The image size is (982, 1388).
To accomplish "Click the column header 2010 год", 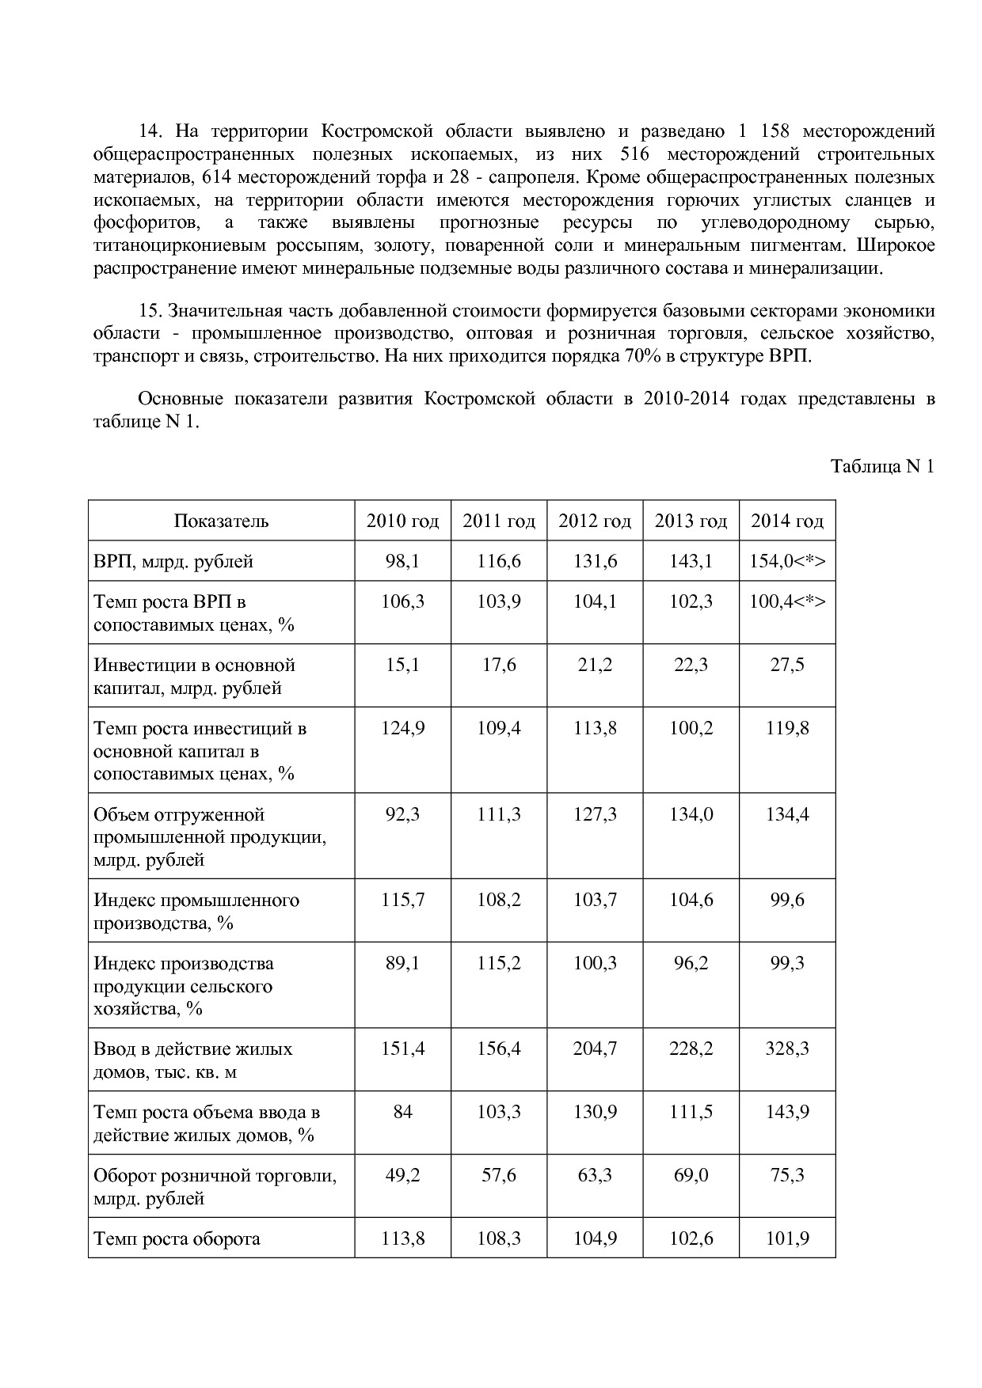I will [402, 521].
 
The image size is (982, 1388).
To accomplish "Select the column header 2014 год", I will [787, 521].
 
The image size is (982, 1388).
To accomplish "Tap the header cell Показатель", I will [221, 521].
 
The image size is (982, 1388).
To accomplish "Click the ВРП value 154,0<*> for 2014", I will [787, 562].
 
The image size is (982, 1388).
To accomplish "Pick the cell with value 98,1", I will [402, 562].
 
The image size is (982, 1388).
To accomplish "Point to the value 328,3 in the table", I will [787, 1049].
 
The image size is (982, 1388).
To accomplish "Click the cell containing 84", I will [402, 1113].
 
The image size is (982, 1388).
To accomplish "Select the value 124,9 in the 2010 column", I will [402, 729].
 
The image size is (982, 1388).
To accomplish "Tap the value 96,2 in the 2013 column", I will [691, 964].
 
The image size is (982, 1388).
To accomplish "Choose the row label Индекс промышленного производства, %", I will [196, 912].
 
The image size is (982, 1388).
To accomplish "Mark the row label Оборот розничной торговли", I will [215, 1176].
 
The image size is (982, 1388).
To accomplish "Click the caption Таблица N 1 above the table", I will [882, 467].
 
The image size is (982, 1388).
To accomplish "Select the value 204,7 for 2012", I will [595, 1049].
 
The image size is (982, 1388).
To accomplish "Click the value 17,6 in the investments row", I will [499, 666].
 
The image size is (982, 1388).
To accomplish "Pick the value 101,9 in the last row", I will [787, 1239].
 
